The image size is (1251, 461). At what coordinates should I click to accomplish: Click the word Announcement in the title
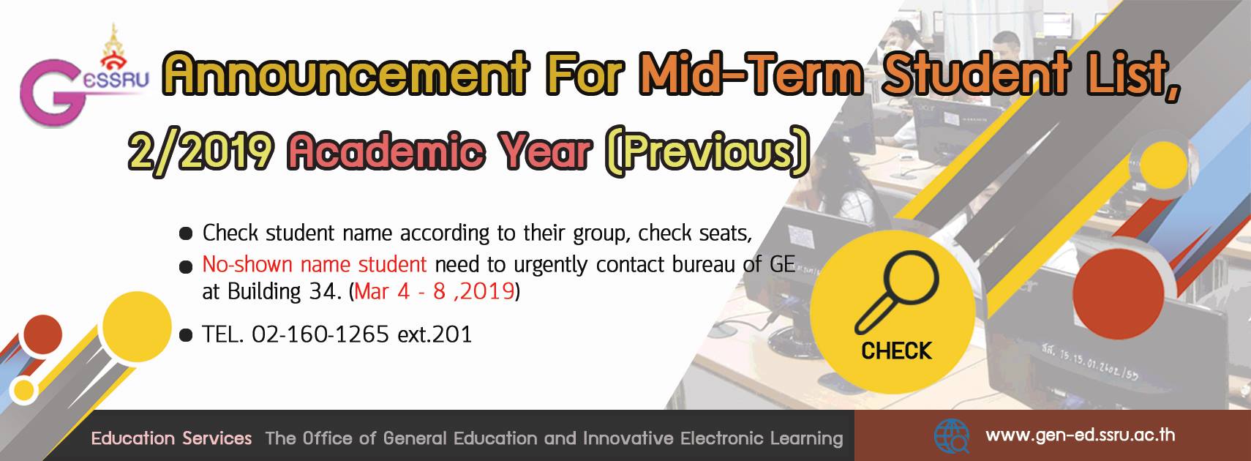click(x=345, y=74)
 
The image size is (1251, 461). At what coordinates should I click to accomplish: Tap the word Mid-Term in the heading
click(x=752, y=74)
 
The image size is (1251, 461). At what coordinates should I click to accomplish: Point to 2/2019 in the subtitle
click(x=202, y=152)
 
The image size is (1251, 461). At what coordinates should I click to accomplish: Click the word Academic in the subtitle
click(x=386, y=152)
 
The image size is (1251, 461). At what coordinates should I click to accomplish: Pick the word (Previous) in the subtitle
click(x=707, y=152)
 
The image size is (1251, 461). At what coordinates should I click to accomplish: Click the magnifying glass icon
click(x=897, y=292)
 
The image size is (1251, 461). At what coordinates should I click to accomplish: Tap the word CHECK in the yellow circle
click(x=896, y=351)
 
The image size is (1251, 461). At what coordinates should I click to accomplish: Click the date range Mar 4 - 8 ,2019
click(x=434, y=291)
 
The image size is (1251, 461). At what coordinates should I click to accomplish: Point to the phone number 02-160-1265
click(x=320, y=334)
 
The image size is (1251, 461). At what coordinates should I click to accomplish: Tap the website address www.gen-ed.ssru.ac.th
click(x=1081, y=435)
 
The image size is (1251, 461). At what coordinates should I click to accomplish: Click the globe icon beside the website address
click(x=952, y=436)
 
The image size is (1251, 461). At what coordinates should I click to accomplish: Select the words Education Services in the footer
click(x=171, y=438)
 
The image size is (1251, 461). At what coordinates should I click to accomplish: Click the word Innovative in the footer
click(x=628, y=438)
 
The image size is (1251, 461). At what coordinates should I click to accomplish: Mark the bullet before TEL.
click(x=185, y=335)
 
